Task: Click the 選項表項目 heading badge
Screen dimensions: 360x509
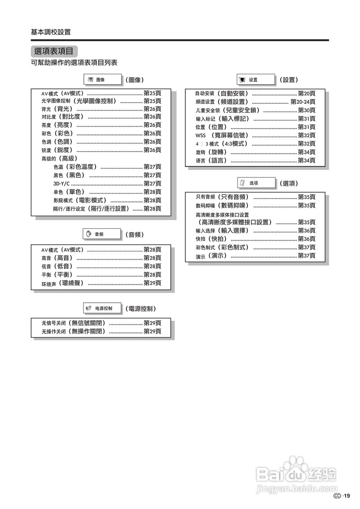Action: (54, 51)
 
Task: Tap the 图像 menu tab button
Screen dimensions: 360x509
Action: (103, 80)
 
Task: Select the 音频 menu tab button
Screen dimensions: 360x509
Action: (101, 234)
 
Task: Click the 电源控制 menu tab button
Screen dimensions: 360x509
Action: (102, 308)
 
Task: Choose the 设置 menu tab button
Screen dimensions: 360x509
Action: (256, 80)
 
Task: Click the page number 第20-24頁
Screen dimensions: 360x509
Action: (303, 102)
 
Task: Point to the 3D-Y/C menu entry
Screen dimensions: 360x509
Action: (62, 184)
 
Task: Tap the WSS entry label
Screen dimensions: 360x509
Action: (200, 136)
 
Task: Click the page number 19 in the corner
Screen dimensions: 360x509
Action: (346, 495)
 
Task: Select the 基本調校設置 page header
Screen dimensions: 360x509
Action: (51, 32)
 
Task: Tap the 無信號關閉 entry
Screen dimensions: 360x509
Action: (87, 323)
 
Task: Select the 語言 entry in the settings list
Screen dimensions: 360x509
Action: (217, 161)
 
